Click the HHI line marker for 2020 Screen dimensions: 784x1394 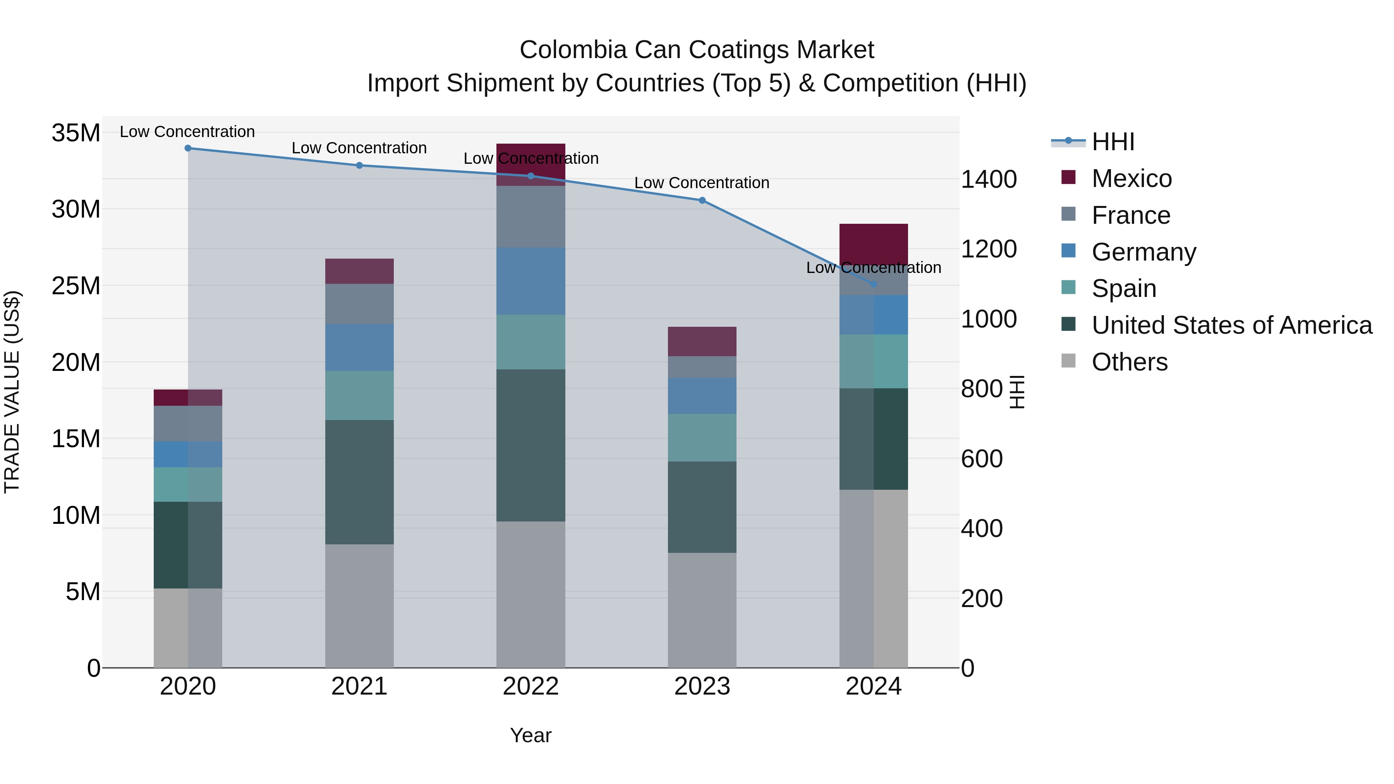pyautogui.click(x=188, y=148)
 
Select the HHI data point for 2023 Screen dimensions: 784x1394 pyautogui.click(x=702, y=200)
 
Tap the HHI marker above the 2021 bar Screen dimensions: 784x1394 pyautogui.click(x=359, y=166)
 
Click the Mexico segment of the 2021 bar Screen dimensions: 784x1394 pyautogui.click(x=359, y=271)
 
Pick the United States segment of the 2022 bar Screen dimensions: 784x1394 pyautogui.click(x=530, y=445)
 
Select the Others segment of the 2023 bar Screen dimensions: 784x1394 pyautogui.click(x=702, y=610)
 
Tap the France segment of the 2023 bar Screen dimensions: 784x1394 pyautogui.click(x=702, y=367)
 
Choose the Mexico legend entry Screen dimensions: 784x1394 pyautogui.click(x=1131, y=178)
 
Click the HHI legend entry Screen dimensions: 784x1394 pyautogui.click(x=1112, y=142)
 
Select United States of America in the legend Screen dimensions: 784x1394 pyautogui.click(x=1231, y=325)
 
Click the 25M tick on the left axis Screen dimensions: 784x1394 pyautogui.click(x=76, y=286)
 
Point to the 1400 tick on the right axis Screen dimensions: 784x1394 pyautogui.click(x=988, y=179)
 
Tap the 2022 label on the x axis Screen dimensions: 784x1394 pyautogui.click(x=530, y=686)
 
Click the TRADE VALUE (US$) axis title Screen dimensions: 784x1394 pyautogui.click(x=12, y=392)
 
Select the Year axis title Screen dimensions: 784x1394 pyautogui.click(x=530, y=735)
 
